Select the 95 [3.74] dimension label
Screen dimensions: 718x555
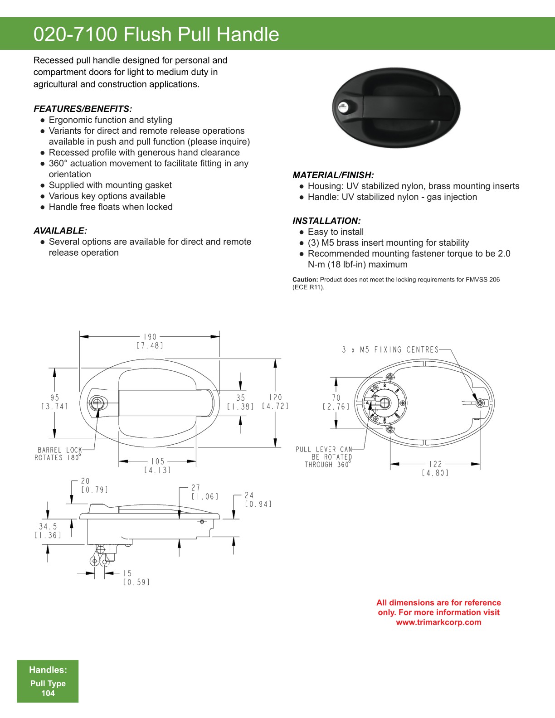[54, 402]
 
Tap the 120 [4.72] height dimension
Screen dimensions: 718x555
[275, 402]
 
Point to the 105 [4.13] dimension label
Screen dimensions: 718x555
[158, 466]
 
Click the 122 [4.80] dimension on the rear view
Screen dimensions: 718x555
[435, 468]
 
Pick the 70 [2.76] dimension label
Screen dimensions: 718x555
[336, 402]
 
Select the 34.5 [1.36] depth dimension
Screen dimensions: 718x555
[48, 531]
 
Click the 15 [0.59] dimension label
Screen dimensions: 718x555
[136, 577]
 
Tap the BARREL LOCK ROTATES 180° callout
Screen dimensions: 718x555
[58, 454]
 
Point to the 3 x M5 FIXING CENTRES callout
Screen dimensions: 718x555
[390, 349]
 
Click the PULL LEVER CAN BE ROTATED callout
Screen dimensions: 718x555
[324, 457]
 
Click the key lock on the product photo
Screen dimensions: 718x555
[343, 107]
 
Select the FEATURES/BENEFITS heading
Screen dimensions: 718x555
[83, 109]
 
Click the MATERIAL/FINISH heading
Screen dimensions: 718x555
[333, 175]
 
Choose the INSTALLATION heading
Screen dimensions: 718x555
[326, 221]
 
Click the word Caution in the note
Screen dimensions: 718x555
[305, 280]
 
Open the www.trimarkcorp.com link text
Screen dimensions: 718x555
[438, 622]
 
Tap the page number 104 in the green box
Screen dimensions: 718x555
[48, 693]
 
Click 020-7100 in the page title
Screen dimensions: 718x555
[75, 34]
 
